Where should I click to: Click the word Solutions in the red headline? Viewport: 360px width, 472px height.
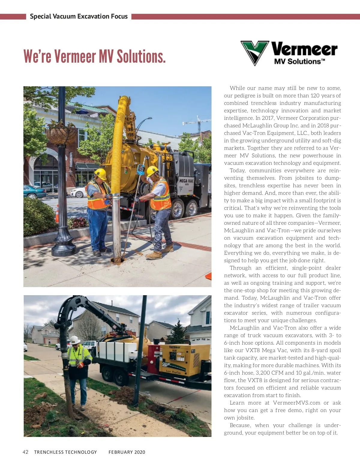(141, 56)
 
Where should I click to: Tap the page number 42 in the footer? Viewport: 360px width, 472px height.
(25, 452)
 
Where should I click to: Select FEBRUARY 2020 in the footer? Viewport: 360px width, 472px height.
(127, 452)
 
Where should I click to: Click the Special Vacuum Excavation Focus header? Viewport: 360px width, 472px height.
(79, 16)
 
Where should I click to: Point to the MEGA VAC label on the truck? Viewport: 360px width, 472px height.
(186, 181)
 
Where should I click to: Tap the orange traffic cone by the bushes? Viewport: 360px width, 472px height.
(57, 213)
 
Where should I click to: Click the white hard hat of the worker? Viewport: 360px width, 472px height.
(74, 340)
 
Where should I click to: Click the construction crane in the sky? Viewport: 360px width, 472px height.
(195, 121)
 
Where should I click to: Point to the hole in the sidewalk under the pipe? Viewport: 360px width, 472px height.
(117, 260)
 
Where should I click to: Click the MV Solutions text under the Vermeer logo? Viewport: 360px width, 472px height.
(299, 62)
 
